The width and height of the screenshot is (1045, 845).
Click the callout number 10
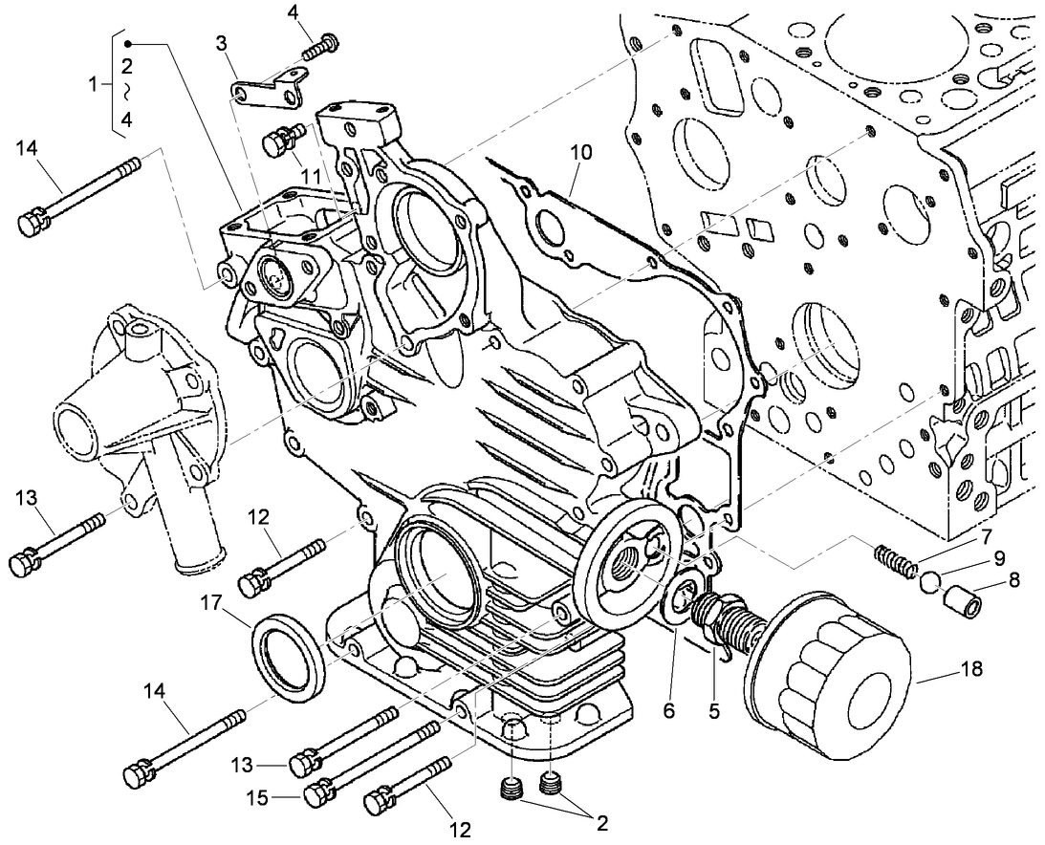[x=580, y=152]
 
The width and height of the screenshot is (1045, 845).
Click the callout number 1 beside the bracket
[x=94, y=84]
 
